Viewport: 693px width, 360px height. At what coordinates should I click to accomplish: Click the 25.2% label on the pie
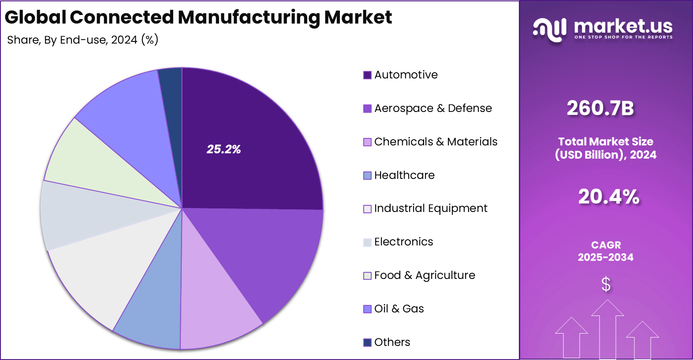tap(224, 149)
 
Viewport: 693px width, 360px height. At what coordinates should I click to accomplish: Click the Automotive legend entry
tap(406, 75)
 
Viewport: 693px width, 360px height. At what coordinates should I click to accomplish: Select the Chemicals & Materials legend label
tap(436, 142)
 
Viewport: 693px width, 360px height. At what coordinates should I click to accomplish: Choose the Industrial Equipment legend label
tap(430, 208)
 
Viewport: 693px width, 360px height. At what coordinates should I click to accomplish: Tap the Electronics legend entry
tap(403, 242)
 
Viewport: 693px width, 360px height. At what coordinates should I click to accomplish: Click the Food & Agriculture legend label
tap(425, 275)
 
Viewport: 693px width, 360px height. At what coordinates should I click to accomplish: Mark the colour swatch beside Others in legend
tap(367, 342)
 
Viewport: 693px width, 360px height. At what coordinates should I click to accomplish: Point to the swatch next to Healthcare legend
tap(367, 175)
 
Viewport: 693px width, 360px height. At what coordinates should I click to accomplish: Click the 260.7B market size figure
tap(600, 108)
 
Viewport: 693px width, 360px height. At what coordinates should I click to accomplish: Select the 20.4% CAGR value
tap(608, 197)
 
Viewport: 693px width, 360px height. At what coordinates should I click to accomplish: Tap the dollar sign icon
tap(606, 284)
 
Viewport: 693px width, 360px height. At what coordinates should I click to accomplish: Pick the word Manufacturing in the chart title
tap(249, 18)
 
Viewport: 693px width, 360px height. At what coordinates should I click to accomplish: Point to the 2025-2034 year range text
tap(605, 257)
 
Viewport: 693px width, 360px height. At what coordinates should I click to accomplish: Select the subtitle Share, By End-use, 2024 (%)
tap(83, 40)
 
